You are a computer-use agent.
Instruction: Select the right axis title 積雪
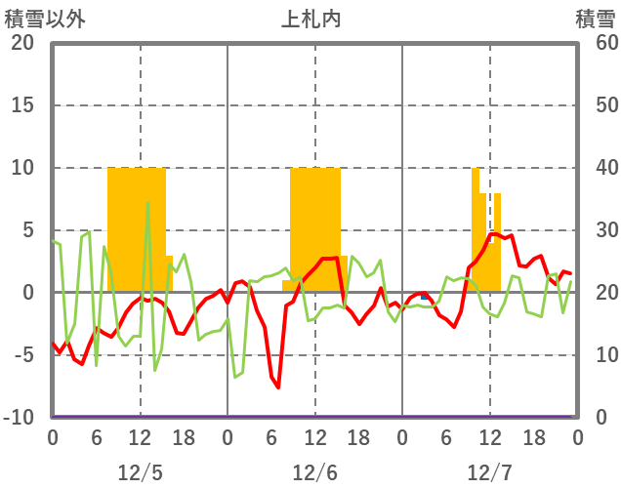tap(594, 18)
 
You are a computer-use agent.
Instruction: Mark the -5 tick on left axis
tap(23, 355)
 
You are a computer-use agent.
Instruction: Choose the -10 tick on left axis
tap(20, 418)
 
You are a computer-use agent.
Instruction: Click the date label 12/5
tap(141, 472)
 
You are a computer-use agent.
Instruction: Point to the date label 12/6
tap(314, 472)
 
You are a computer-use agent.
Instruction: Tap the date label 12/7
tap(489, 472)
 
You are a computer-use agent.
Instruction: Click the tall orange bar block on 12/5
tap(137, 229)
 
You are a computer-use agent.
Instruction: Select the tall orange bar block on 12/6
tap(315, 229)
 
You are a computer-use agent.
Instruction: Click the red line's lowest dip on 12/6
tap(278, 387)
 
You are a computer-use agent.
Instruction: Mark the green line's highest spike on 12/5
tap(147, 203)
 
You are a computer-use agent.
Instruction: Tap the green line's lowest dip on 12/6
tap(235, 377)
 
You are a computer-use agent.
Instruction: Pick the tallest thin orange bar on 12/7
tap(476, 229)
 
